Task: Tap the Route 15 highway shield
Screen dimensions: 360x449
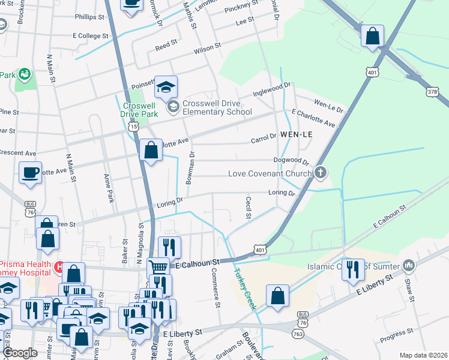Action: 133,127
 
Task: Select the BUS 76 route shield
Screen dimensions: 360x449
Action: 29,209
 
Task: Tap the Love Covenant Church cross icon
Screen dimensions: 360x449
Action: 321,173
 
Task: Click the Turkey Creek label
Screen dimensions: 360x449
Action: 246,288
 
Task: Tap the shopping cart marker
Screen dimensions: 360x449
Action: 158,266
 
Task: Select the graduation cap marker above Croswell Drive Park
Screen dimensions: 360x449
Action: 166,87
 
